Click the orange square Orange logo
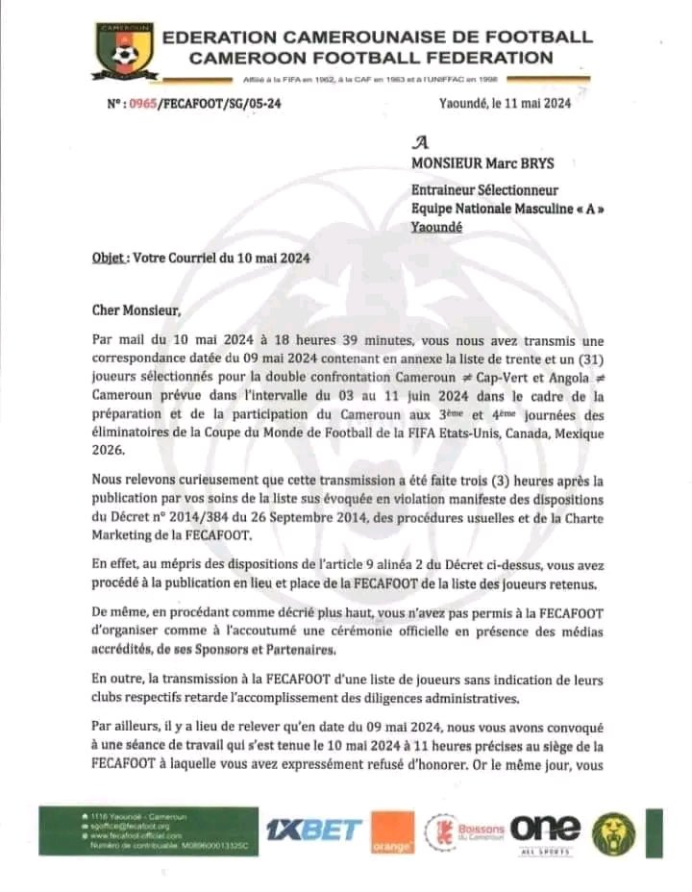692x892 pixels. (391, 831)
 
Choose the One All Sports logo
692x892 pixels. (545, 831)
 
